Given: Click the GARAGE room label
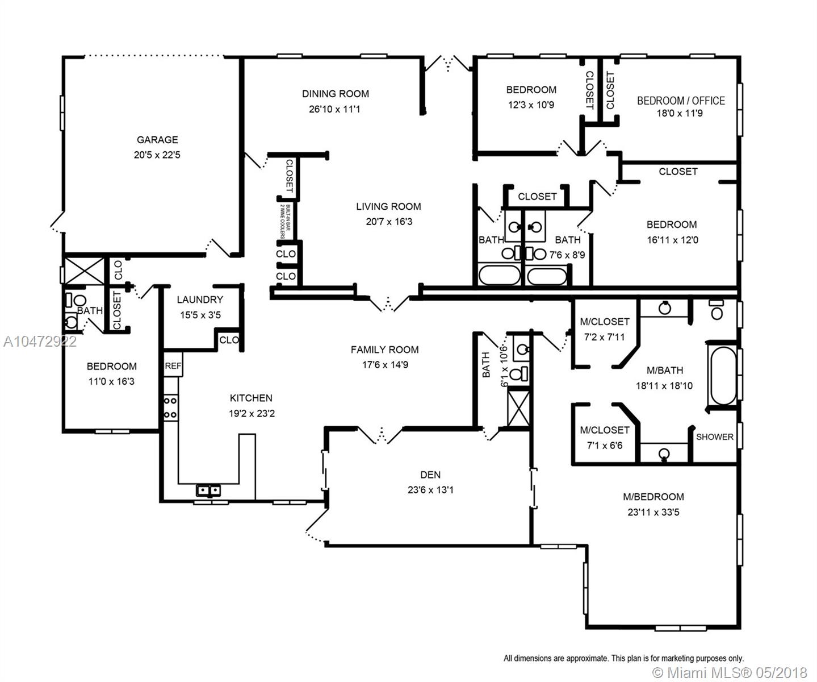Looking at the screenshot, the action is tap(157, 139).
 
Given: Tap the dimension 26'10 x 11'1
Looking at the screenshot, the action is tap(334, 109).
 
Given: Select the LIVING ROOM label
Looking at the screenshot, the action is tap(388, 206).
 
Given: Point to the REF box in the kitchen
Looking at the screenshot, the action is tap(173, 365).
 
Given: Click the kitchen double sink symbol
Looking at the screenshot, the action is tap(208, 490).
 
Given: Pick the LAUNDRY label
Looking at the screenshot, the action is tap(200, 300).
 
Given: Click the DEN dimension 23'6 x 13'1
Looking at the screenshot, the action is tap(430, 490).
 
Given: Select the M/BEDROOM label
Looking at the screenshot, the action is tap(653, 497).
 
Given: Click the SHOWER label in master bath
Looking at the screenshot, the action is tap(714, 437).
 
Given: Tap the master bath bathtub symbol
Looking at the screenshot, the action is tap(723, 376).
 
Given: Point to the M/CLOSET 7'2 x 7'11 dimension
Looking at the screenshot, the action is tap(605, 337).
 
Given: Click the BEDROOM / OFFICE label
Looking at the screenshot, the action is tap(681, 101).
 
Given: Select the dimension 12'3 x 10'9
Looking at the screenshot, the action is tap(531, 105).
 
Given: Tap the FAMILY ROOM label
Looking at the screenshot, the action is tap(384, 350).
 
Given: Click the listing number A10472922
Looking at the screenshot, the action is tap(40, 342).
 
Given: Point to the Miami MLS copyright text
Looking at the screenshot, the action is tap(730, 672).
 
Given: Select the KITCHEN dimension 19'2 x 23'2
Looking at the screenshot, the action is tap(252, 413).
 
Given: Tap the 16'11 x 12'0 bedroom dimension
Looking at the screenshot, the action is tap(672, 240).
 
